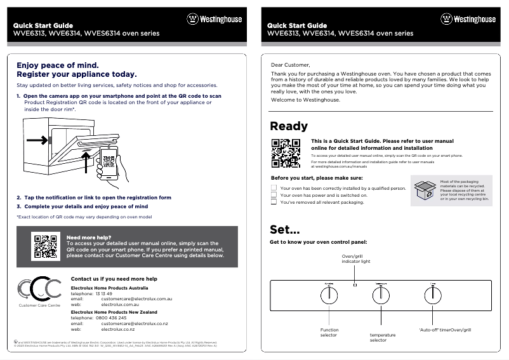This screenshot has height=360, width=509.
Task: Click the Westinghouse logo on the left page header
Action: coord(214,19)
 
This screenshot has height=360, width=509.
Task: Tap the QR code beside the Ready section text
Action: coord(286,152)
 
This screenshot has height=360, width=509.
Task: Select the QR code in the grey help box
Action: coord(46,246)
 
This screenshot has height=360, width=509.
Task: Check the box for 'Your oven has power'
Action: coord(274,196)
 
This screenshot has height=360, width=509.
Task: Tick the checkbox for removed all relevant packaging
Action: coord(274,203)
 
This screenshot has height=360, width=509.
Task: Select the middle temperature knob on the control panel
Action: coord(381,295)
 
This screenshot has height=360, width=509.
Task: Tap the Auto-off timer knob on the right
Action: coord(432,295)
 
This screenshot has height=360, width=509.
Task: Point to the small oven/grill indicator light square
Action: coord(355,284)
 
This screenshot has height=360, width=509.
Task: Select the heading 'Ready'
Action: coord(289,126)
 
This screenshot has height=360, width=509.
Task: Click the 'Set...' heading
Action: coord(285,229)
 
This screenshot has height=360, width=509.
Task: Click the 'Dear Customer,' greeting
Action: coord(291,65)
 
